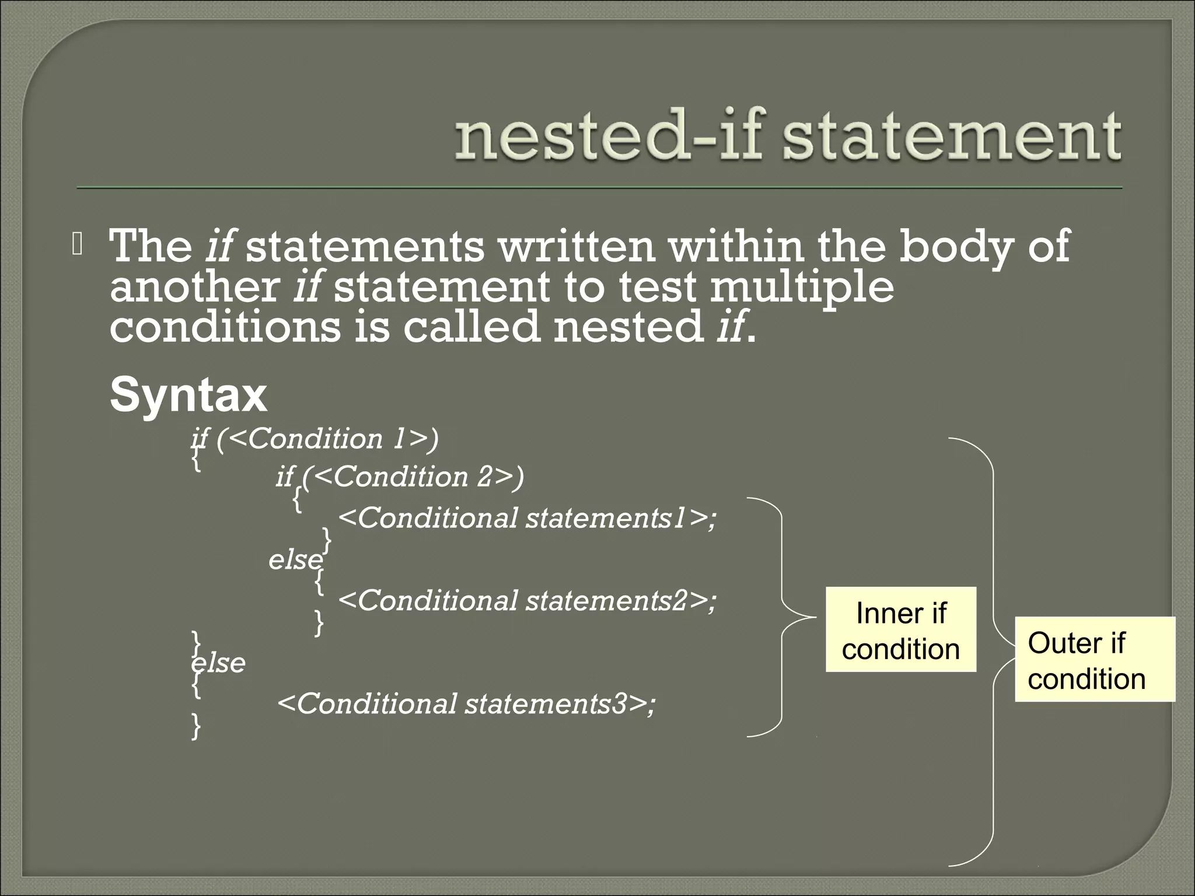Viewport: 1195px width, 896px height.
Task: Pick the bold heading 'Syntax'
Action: click(188, 395)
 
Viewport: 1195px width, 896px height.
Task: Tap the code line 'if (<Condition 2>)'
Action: click(400, 477)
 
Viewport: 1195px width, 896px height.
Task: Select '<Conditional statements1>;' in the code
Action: click(527, 518)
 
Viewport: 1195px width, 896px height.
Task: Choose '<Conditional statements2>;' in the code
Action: click(527, 600)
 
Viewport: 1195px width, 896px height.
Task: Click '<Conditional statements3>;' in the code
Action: click(466, 703)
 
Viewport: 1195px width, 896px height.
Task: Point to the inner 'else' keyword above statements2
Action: click(295, 560)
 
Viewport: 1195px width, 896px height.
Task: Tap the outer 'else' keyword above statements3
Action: click(219, 663)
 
